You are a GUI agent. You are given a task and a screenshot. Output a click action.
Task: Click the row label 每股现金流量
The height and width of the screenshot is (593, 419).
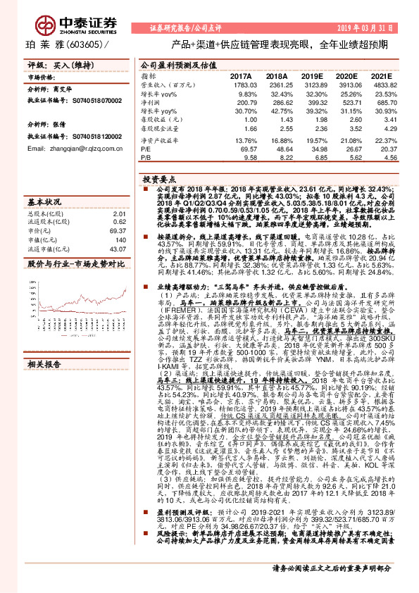coord(157,130)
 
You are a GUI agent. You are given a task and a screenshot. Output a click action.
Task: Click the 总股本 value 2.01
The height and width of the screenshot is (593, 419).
coord(118,213)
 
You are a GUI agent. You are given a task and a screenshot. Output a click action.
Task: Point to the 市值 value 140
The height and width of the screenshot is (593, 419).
coord(120,239)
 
